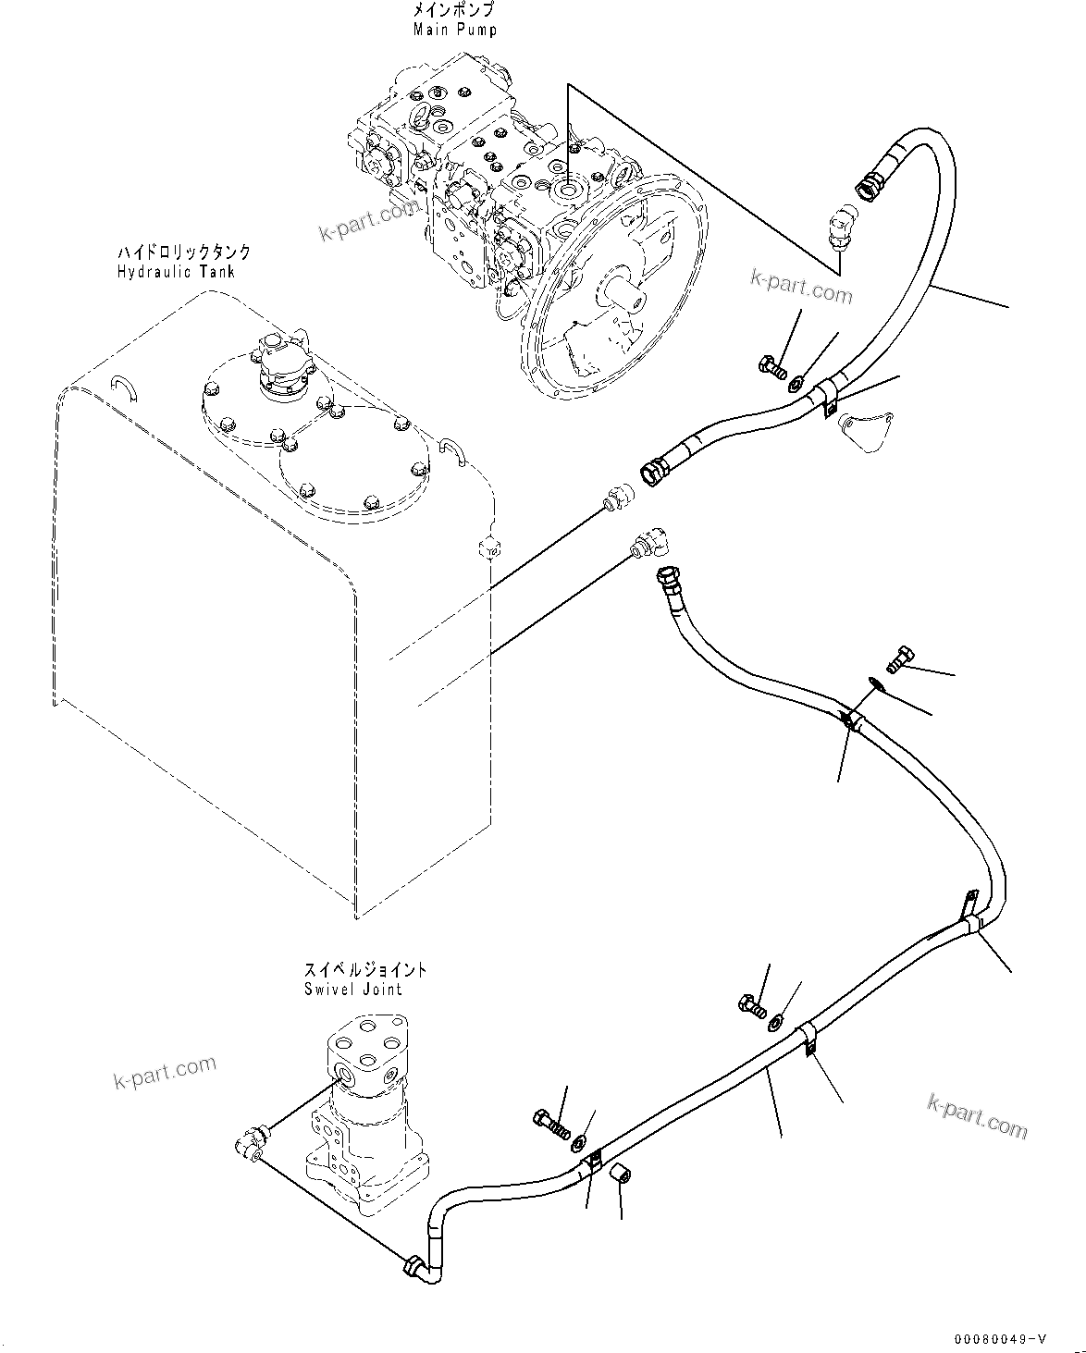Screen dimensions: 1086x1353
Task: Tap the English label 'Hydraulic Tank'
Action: pyautogui.click(x=175, y=272)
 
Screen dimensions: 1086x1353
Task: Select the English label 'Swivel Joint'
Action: pyautogui.click(x=352, y=989)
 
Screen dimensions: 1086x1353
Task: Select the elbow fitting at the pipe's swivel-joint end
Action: pyautogui.click(x=419, y=1267)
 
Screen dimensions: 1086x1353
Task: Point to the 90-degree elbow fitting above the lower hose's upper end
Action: pyautogui.click(x=653, y=545)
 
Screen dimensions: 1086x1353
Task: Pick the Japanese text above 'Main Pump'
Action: pyautogui.click(x=454, y=11)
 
